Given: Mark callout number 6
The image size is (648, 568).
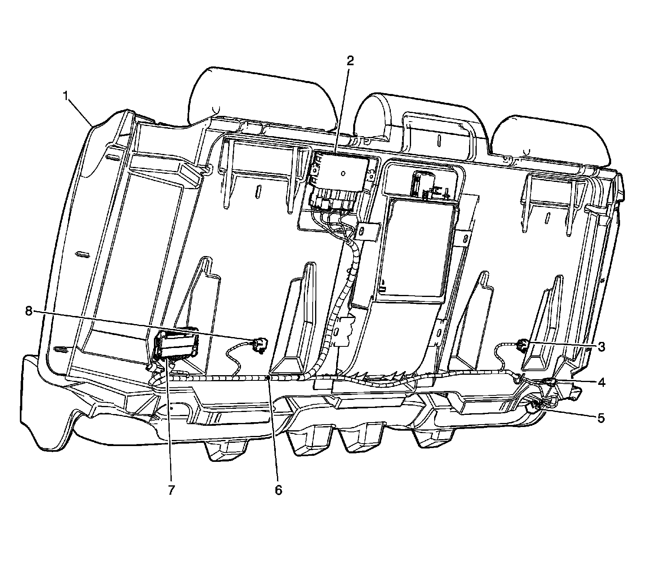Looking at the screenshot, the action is pyautogui.click(x=278, y=489).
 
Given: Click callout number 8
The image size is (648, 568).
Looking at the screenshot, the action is pyautogui.click(x=28, y=311).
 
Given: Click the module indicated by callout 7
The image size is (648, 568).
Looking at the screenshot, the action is pyautogui.click(x=176, y=344).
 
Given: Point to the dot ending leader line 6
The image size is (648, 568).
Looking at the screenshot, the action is pyautogui.click(x=268, y=378).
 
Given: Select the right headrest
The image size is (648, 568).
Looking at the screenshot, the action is pyautogui.click(x=551, y=138).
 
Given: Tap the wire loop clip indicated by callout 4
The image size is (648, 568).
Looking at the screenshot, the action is pyautogui.click(x=518, y=379).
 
